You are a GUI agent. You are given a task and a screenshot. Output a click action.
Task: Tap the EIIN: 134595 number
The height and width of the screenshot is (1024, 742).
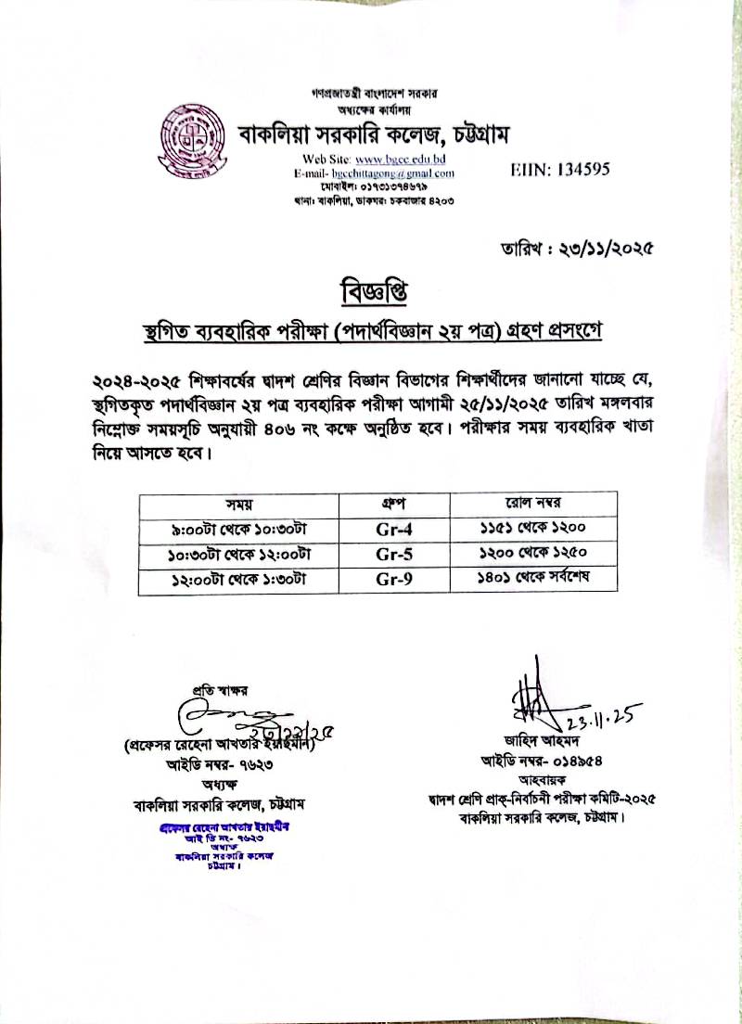tap(560, 169)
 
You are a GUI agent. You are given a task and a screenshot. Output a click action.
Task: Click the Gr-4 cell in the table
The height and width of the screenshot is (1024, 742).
tap(394, 529)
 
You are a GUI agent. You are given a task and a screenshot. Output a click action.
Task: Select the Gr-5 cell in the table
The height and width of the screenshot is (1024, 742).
tap(394, 555)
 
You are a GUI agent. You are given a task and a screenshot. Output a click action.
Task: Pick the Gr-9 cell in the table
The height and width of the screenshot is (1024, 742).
tap(394, 581)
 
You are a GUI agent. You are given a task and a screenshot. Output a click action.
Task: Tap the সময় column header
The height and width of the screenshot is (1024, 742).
tap(239, 505)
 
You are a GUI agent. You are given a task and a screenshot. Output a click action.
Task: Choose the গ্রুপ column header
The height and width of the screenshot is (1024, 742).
tap(394, 505)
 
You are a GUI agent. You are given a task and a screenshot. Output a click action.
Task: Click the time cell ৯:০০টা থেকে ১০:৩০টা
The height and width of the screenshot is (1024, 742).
tap(239, 529)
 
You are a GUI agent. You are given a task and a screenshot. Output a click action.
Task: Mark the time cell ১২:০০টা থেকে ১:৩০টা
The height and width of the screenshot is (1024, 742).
tap(239, 581)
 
